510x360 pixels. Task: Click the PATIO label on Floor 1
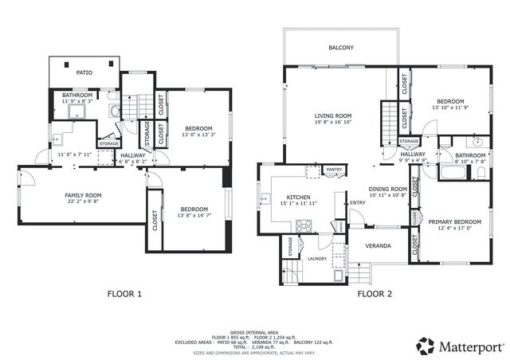[84, 72]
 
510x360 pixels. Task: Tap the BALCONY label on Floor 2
[341, 48]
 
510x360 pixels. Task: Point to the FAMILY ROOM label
[83, 195]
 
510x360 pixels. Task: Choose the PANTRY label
[334, 169]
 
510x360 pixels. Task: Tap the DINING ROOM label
[387, 189]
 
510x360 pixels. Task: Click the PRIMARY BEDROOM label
[454, 221]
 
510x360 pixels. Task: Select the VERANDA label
[378, 245]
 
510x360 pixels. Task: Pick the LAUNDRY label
[317, 258]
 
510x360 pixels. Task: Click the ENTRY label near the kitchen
[357, 202]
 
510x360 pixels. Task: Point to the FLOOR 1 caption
[124, 294]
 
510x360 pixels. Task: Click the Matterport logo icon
[426, 346]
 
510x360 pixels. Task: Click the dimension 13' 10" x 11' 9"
[449, 108]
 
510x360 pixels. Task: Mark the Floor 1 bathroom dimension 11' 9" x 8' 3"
[77, 102]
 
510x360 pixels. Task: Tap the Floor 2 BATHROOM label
[470, 155]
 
